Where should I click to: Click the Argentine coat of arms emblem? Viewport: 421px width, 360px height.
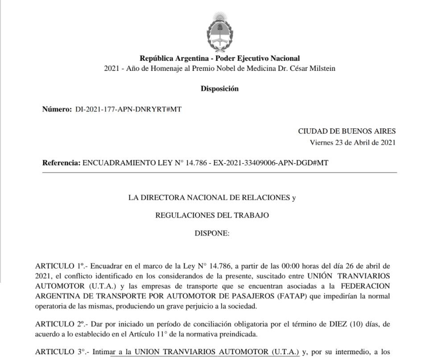point(219,31)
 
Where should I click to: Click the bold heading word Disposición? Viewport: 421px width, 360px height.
point(219,89)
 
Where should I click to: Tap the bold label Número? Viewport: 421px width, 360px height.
point(57,109)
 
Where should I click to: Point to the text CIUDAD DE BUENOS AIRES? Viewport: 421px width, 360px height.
point(347,131)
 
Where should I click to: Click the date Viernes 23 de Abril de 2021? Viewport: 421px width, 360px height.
point(352,143)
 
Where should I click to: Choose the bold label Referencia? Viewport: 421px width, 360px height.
point(62,163)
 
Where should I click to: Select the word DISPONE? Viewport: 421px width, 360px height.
point(212,233)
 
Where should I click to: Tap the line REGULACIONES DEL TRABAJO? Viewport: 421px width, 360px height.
point(212,215)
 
